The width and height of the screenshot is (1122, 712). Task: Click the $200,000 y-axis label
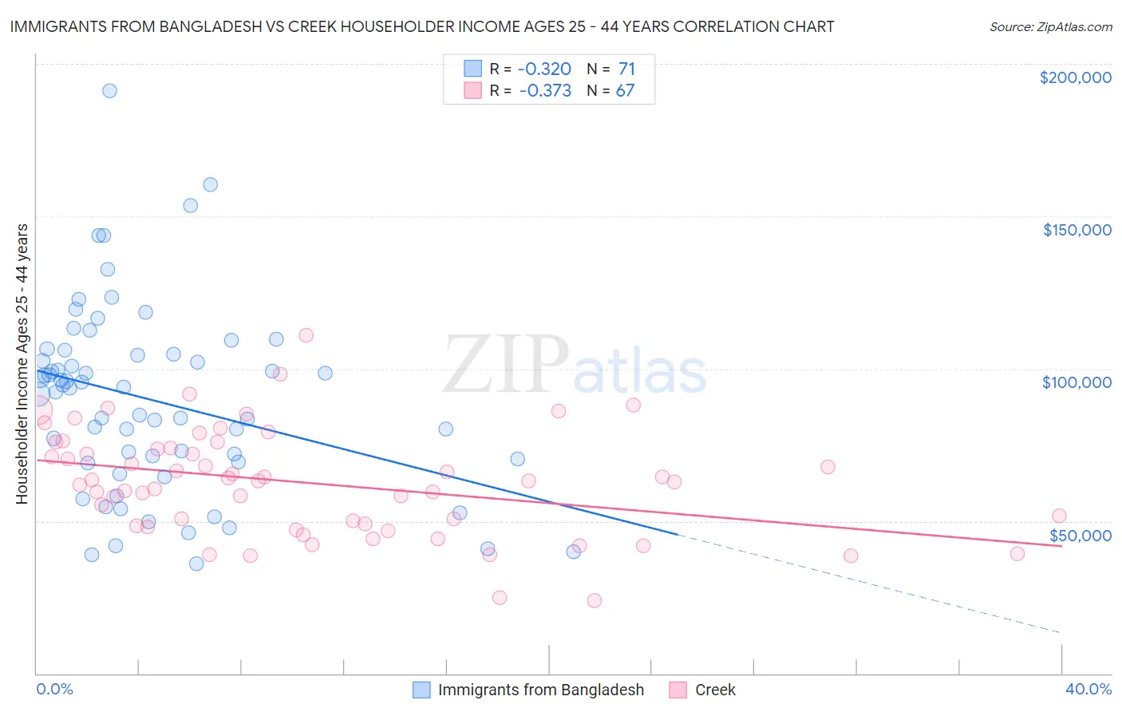tap(1075, 77)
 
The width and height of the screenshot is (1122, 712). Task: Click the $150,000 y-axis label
tap(1077, 230)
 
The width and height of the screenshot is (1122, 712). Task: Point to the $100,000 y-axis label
tap(1077, 382)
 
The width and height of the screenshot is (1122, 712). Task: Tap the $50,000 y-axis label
tap(1080, 535)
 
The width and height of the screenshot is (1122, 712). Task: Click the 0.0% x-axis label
tap(54, 689)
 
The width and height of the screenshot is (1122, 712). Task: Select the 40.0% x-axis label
tap(1088, 689)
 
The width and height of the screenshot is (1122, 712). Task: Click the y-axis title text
tap(22, 364)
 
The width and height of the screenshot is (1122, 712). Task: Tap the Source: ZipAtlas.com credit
tap(1050, 26)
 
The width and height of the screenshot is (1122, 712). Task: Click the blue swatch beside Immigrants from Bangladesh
tap(421, 690)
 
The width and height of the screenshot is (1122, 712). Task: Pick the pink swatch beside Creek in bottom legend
tap(678, 690)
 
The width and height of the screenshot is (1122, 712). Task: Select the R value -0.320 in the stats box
tap(545, 69)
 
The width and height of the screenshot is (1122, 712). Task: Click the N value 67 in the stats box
tap(625, 91)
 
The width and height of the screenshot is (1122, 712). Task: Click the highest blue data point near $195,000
tap(109, 91)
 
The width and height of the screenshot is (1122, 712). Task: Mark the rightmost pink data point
tap(1059, 516)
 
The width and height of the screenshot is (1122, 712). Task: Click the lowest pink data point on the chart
tap(594, 601)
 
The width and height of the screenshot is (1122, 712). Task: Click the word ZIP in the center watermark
tap(504, 365)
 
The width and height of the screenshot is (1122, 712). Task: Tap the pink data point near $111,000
tap(306, 335)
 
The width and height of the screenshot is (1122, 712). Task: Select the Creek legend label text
tap(715, 690)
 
